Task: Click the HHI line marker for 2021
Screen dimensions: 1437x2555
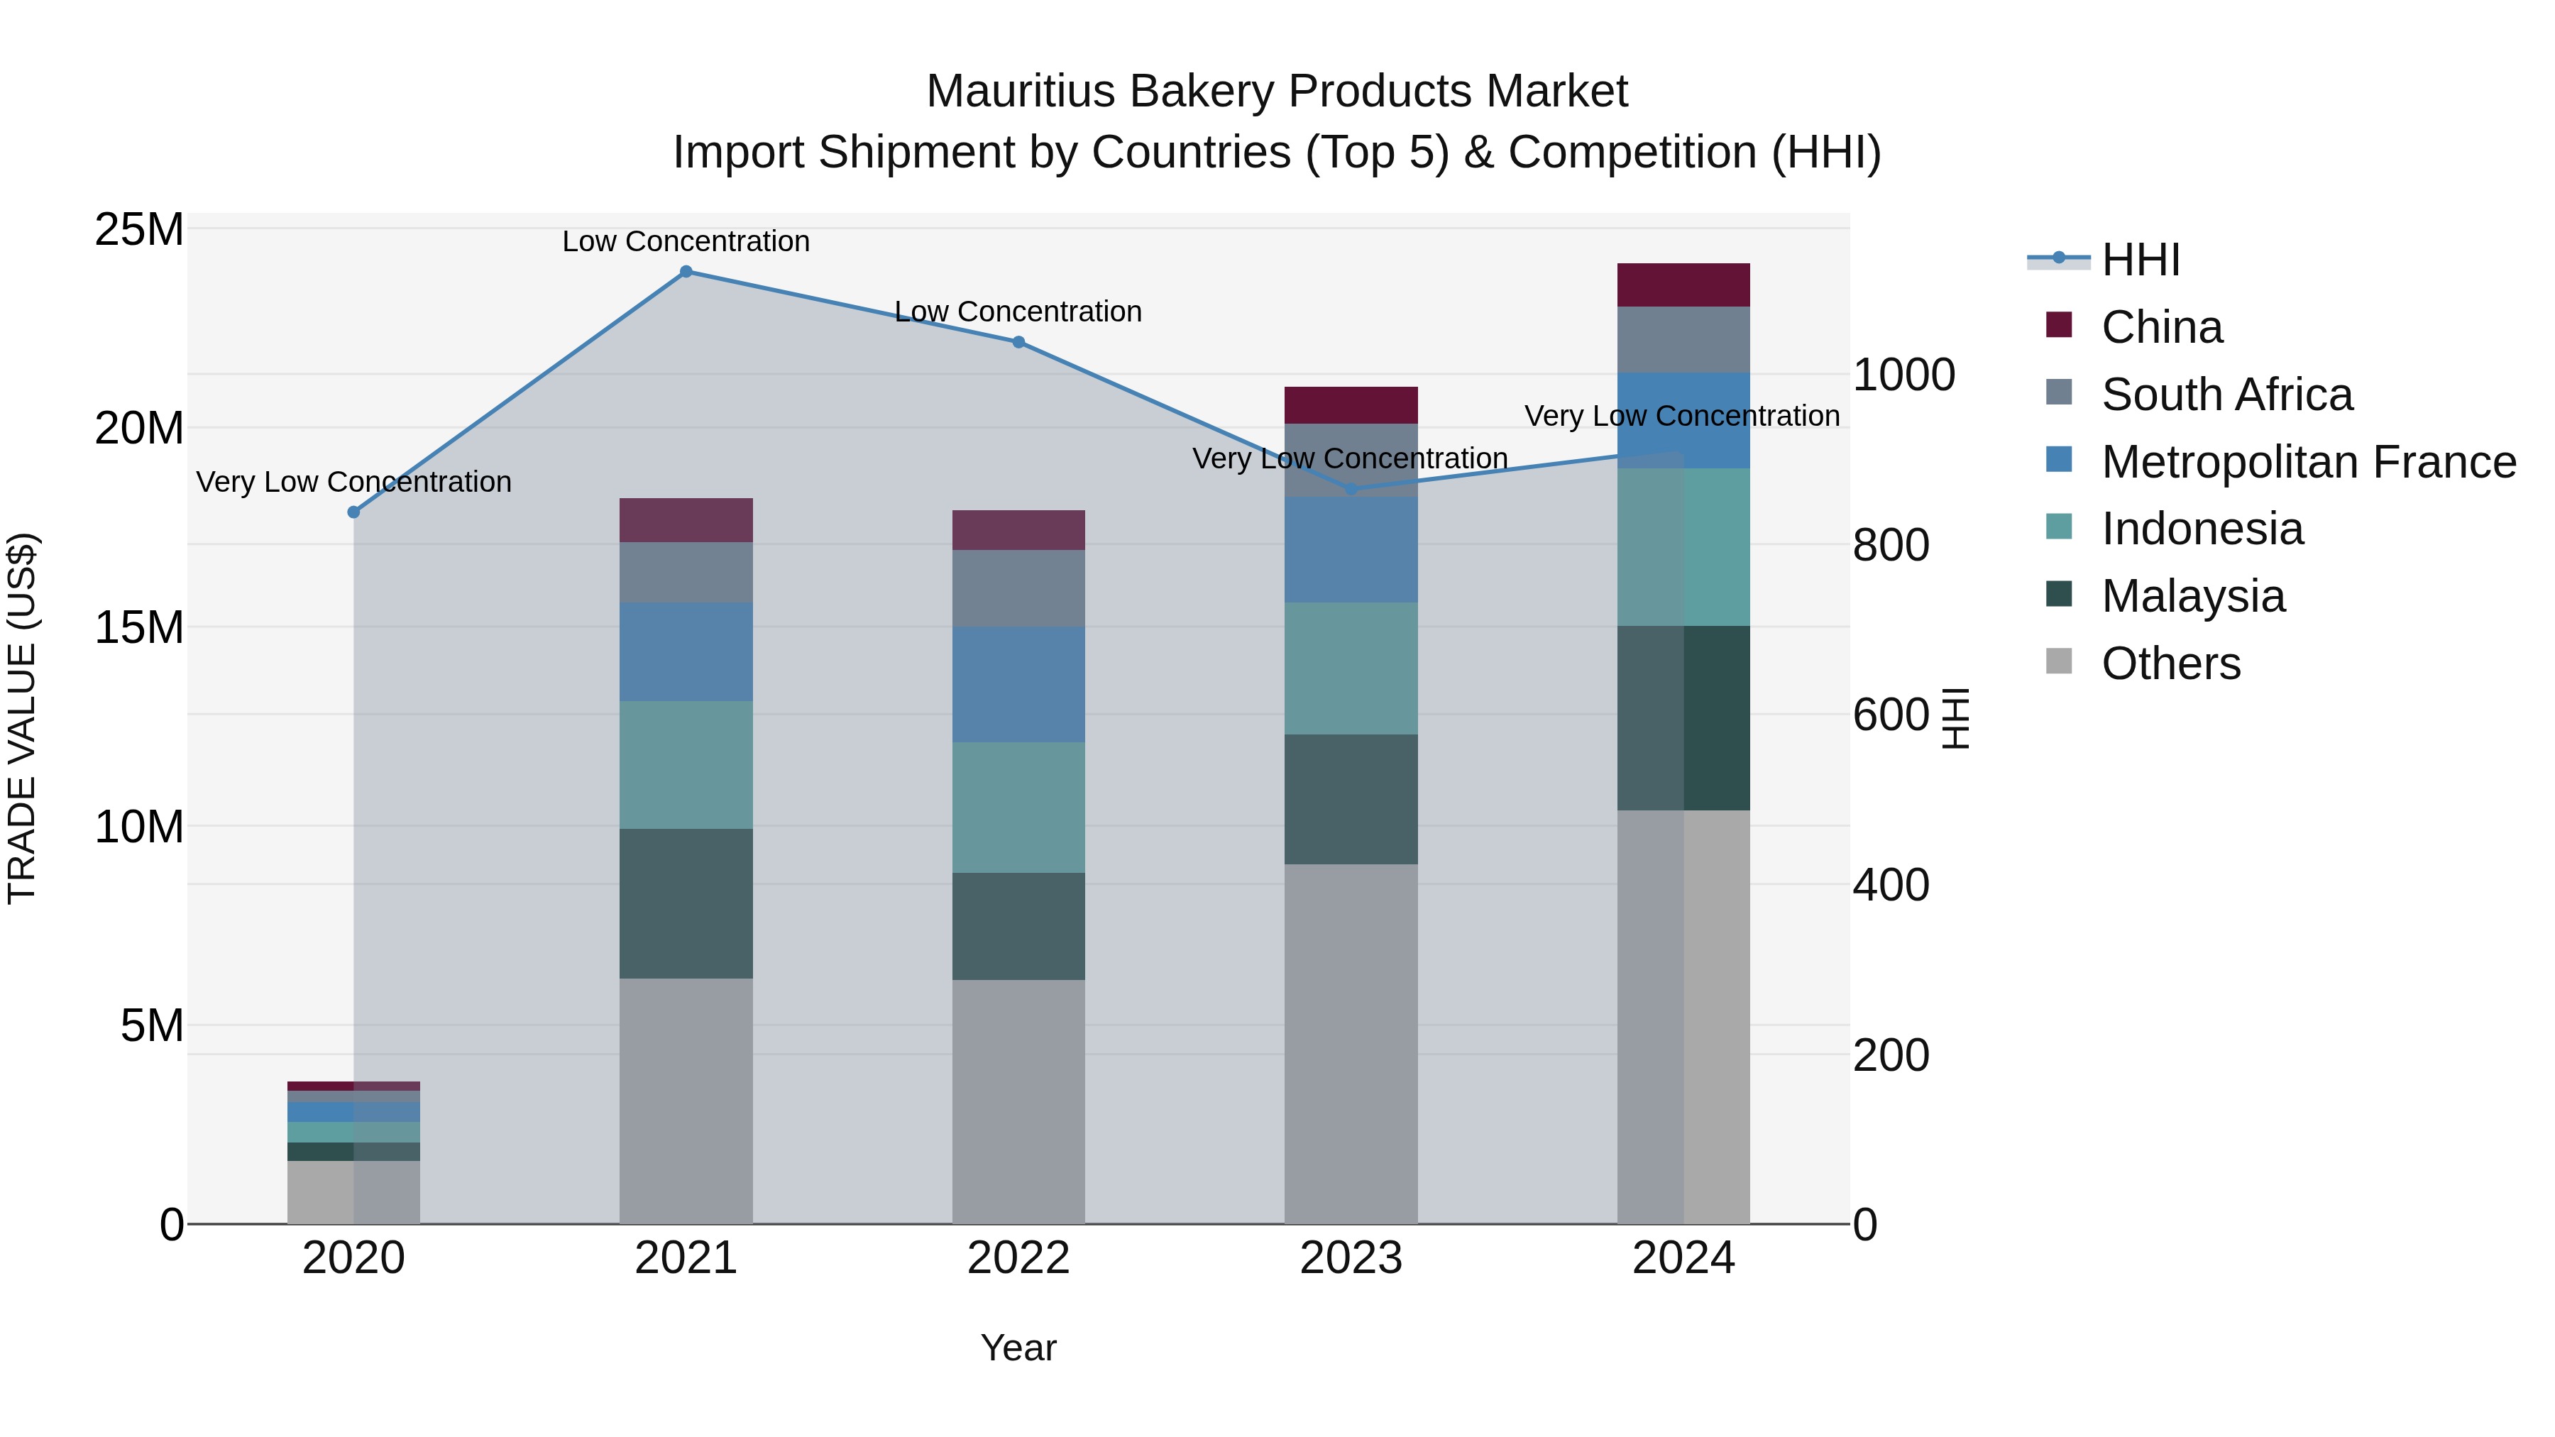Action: click(x=686, y=272)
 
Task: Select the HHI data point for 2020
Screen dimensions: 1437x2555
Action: click(x=353, y=512)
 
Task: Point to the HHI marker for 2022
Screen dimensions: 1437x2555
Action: click(x=1018, y=342)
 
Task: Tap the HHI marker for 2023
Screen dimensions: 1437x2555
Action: click(x=1351, y=489)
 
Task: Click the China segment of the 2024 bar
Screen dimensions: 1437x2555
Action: click(x=1683, y=285)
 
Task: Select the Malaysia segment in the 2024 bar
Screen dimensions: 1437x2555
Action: click(x=1683, y=718)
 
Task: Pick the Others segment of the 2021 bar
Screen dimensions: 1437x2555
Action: click(x=686, y=1101)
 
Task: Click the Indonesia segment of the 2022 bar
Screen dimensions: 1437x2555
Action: click(x=1018, y=808)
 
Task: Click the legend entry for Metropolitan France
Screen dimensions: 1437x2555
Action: click(x=2308, y=462)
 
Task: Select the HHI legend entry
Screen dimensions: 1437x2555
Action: click(x=2139, y=260)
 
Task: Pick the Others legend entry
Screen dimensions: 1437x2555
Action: click(x=2170, y=664)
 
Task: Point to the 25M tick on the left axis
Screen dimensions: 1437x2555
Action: click(x=139, y=230)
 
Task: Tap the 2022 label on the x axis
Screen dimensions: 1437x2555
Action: click(x=1018, y=1258)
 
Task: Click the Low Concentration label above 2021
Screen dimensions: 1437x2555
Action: click(x=686, y=241)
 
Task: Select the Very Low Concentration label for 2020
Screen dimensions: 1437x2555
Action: click(x=353, y=482)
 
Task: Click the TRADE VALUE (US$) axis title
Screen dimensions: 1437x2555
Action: click(x=22, y=718)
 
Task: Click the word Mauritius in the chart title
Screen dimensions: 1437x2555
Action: click(x=1021, y=92)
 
